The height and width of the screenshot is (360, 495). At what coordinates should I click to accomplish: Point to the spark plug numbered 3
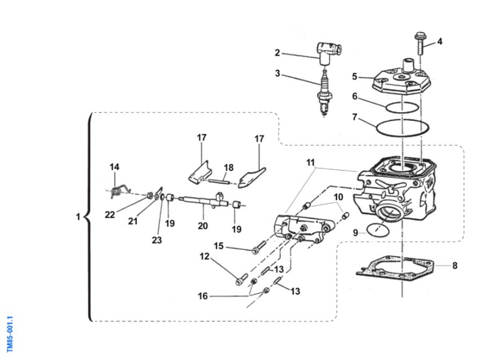(x=324, y=93)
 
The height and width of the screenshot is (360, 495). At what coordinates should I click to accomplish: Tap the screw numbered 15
(x=258, y=249)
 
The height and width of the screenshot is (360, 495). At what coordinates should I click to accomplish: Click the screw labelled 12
(x=241, y=279)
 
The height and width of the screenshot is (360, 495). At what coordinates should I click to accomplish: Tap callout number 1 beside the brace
(x=78, y=216)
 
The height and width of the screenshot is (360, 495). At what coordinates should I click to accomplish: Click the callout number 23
(x=157, y=240)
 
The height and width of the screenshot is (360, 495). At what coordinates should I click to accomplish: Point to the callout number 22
(x=110, y=214)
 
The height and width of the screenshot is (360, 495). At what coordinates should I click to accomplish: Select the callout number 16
(x=203, y=296)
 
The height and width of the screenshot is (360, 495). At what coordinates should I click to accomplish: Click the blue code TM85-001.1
(x=11, y=334)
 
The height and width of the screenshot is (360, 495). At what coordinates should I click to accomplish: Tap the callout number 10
(x=338, y=197)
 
